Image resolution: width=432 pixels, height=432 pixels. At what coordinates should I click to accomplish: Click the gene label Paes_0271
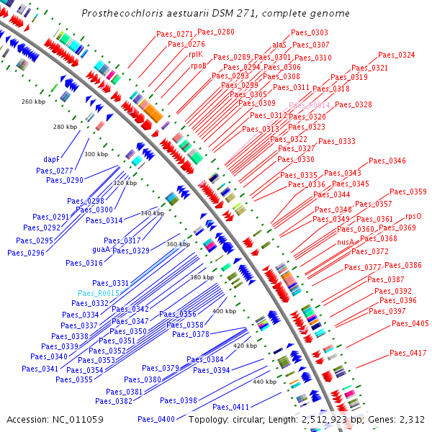(x=175, y=34)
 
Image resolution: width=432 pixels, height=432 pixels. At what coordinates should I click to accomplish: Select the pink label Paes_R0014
(x=310, y=105)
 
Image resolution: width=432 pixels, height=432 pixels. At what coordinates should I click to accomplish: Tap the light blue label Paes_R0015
(x=99, y=294)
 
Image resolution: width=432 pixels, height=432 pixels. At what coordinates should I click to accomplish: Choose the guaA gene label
(x=102, y=249)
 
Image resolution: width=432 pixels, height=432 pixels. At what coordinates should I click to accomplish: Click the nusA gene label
(x=346, y=243)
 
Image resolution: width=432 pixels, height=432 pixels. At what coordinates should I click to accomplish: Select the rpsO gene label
(x=413, y=216)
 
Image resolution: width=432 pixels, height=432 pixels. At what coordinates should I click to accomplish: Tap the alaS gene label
(x=279, y=45)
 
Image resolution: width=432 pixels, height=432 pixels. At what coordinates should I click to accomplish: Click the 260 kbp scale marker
(x=33, y=102)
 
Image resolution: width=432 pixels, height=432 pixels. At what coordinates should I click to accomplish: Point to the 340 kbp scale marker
(x=152, y=213)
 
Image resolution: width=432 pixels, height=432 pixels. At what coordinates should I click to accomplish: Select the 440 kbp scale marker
(x=264, y=382)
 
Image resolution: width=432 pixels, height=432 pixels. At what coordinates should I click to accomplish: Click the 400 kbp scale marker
(x=224, y=311)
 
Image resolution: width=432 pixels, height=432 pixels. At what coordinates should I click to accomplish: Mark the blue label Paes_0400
(x=156, y=419)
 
